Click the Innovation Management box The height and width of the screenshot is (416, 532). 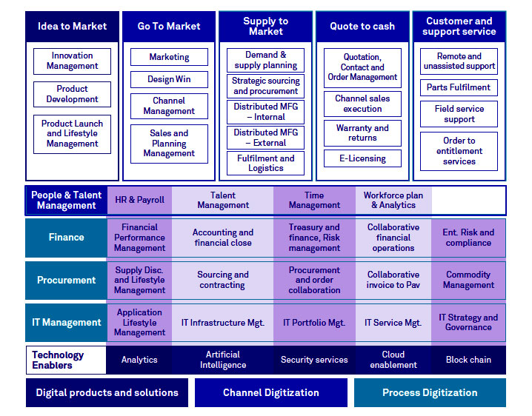[72, 61]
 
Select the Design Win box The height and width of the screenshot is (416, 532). [169, 79]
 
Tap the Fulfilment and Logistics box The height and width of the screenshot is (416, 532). [265, 163]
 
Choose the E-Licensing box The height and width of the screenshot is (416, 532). [362, 158]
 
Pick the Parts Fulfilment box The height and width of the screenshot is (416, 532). [459, 87]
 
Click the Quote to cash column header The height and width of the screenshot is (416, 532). [362, 26]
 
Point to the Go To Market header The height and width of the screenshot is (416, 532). [169, 26]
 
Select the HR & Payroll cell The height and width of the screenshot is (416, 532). [139, 200]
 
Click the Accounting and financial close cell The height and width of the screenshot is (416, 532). [222, 238]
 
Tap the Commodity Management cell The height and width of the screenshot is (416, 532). [468, 280]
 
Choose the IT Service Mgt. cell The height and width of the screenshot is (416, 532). [393, 323]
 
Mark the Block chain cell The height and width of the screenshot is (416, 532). [468, 360]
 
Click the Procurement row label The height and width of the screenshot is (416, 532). [66, 280]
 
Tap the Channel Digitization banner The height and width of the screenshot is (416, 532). [271, 392]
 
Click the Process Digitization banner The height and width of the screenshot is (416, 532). [430, 392]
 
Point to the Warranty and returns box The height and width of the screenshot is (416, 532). [362, 133]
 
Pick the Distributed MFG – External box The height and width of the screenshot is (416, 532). [265, 138]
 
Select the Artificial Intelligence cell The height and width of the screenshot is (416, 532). [222, 360]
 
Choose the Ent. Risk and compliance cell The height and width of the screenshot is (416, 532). [468, 238]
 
